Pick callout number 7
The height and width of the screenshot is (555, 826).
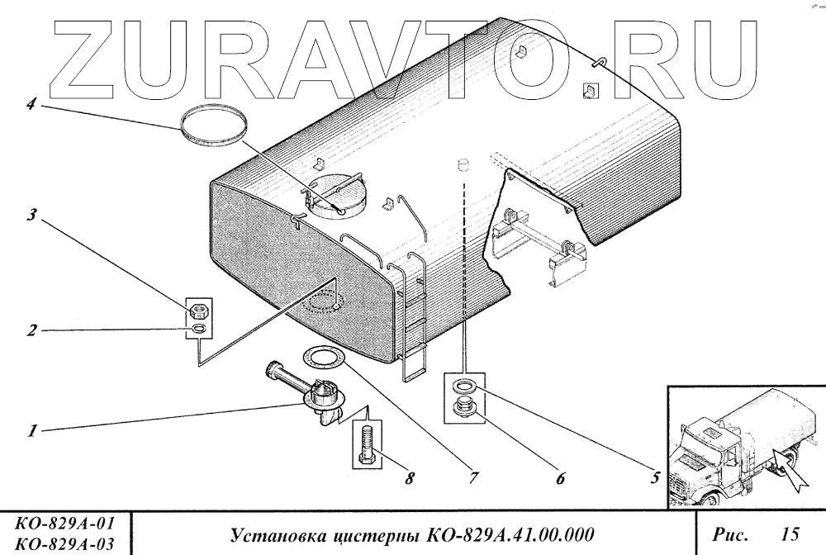473,478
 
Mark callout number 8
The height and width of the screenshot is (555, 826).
408,478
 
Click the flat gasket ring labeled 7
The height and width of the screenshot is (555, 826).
324,358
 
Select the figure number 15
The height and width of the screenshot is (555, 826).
790,535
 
